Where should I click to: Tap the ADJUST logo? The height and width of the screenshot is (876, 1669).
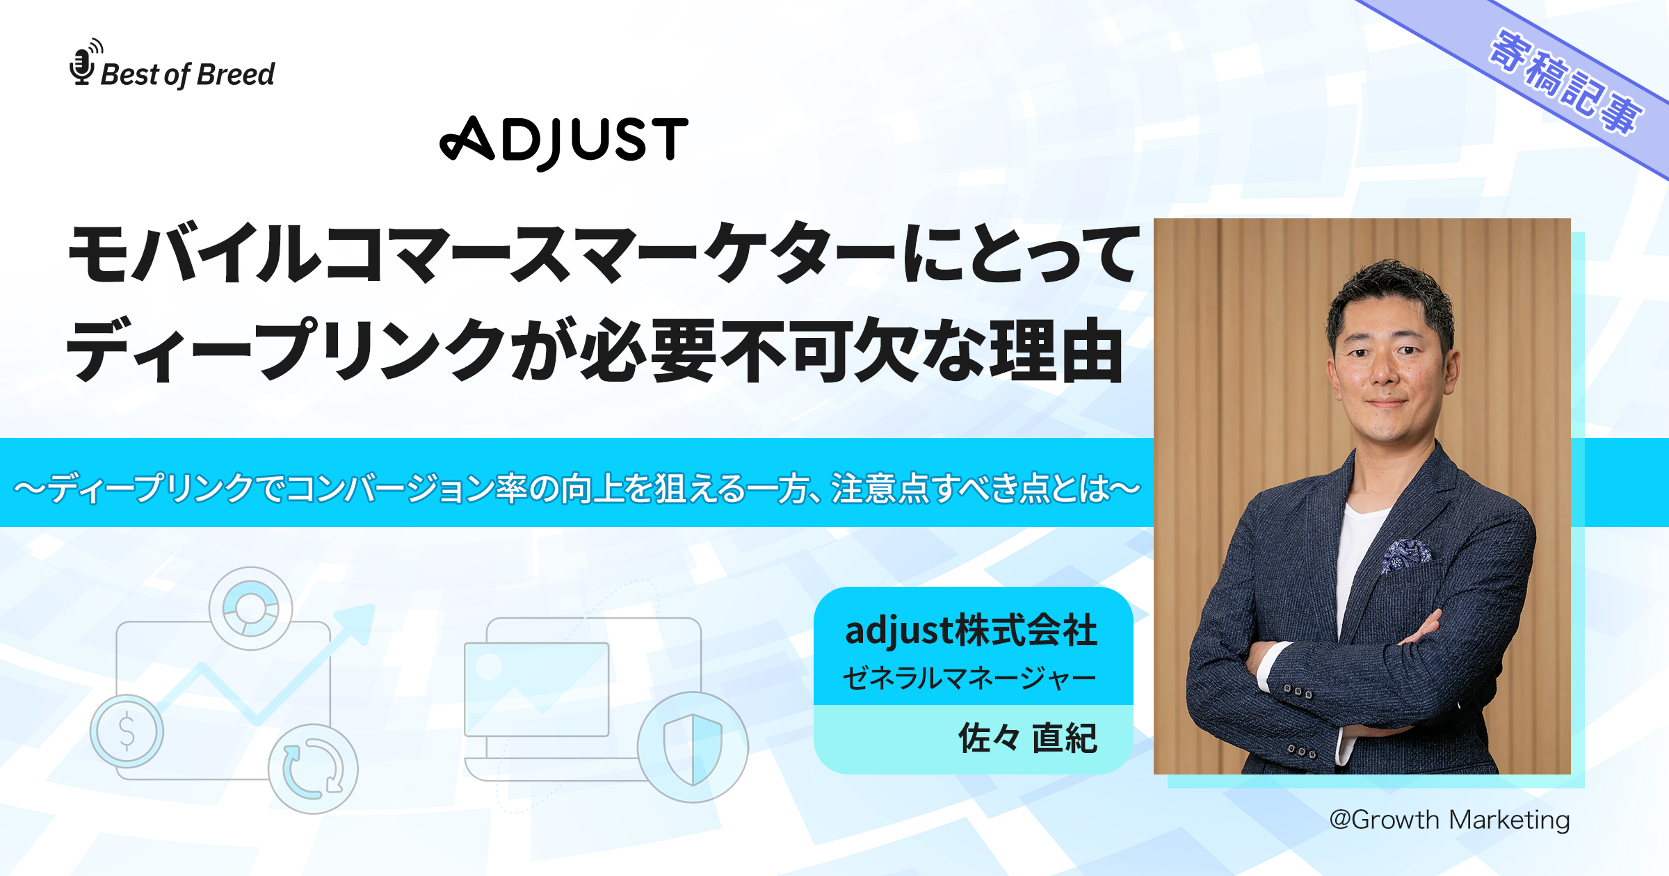(x=564, y=142)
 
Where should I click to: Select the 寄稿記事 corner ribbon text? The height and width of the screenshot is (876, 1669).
(x=1565, y=83)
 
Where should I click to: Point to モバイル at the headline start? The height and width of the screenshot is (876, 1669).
(x=195, y=254)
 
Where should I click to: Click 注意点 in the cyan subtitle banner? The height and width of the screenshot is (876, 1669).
(x=880, y=489)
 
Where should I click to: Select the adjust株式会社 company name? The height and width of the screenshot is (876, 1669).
(x=971, y=631)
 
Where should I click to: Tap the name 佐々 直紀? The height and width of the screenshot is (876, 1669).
(x=1027, y=738)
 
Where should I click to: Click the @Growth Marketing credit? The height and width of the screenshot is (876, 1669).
(x=1449, y=820)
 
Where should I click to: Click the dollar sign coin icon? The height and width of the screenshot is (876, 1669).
(x=127, y=731)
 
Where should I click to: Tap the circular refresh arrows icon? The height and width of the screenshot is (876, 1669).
(x=313, y=769)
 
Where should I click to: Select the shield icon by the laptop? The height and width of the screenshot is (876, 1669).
(x=693, y=747)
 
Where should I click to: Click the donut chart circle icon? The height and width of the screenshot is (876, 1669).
(x=250, y=608)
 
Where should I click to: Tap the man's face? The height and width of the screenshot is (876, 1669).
(x=1387, y=362)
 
